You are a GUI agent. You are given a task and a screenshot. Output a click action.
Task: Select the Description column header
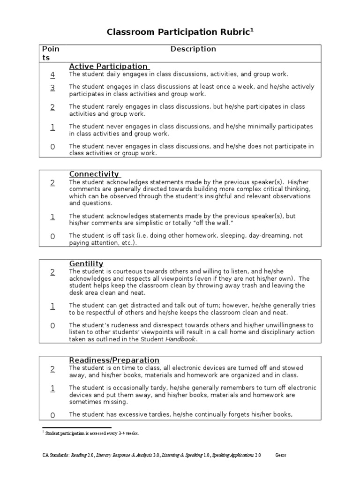pos(193,49)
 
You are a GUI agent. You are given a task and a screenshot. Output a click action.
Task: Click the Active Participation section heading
pos(108,66)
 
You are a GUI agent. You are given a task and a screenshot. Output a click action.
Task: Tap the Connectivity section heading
pos(94,174)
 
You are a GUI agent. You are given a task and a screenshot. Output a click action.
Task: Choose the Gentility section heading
pos(86,263)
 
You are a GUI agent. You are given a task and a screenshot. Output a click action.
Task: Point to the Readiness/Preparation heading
pos(114,360)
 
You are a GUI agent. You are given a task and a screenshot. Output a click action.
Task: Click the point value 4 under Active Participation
pos(52,75)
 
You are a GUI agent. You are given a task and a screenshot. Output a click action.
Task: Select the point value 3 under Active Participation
pos(52,87)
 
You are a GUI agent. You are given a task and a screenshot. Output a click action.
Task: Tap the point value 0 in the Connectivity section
pos(52,236)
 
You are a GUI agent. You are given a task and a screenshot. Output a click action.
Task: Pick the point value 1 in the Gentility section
pos(52,306)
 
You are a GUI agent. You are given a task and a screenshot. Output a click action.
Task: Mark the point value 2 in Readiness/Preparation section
pos(52,368)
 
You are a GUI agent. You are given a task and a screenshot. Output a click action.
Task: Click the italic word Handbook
pos(180,339)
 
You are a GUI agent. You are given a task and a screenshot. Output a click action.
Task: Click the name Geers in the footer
pos(280,455)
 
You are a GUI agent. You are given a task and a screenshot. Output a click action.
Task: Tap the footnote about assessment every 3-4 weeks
pos(92,433)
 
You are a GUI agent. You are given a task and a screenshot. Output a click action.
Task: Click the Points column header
pos(51,53)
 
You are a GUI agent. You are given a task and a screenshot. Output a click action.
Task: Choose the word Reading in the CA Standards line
pos(79,455)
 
